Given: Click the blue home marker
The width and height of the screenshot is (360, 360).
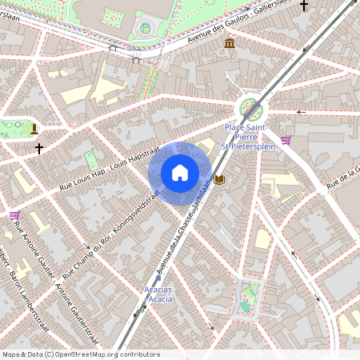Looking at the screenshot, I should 180,172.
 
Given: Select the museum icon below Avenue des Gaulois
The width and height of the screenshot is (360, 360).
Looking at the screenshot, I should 230,43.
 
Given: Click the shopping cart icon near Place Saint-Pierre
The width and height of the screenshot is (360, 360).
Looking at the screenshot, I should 286,140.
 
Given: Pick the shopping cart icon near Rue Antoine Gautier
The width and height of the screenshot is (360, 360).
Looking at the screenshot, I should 14,214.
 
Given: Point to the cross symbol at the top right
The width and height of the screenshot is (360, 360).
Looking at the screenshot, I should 303,6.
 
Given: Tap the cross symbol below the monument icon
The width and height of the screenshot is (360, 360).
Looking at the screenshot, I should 38,148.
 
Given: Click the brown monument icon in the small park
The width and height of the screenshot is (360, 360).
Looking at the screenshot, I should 34,128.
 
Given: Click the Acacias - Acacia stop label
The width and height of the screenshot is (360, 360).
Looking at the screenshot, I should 158,294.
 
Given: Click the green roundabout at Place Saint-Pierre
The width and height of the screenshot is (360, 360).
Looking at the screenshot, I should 251,107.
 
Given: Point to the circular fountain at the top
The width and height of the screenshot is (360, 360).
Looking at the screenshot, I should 145,28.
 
